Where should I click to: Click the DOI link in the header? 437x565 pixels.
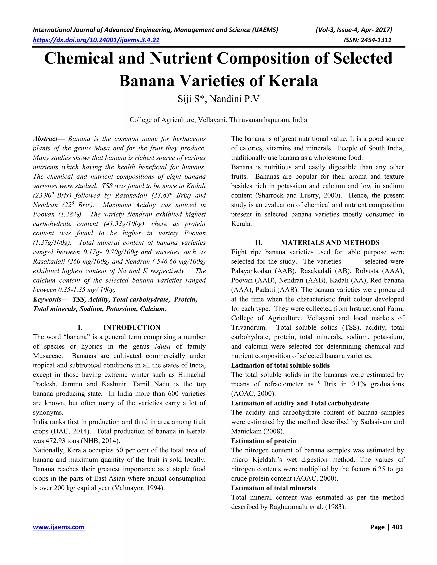96,40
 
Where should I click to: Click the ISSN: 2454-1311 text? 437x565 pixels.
367,40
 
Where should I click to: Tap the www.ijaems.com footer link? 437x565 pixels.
58,527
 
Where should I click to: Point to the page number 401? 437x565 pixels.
397,527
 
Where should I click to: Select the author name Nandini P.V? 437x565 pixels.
234,99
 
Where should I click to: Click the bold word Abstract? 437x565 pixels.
45,139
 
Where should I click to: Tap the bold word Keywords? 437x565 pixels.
47,300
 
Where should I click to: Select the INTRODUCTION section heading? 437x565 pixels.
132,328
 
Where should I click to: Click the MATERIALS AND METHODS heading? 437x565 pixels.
330,243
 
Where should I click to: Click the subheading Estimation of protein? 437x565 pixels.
264,441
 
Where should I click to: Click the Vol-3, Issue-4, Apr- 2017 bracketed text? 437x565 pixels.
354,30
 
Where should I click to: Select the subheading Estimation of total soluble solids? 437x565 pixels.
280,365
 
